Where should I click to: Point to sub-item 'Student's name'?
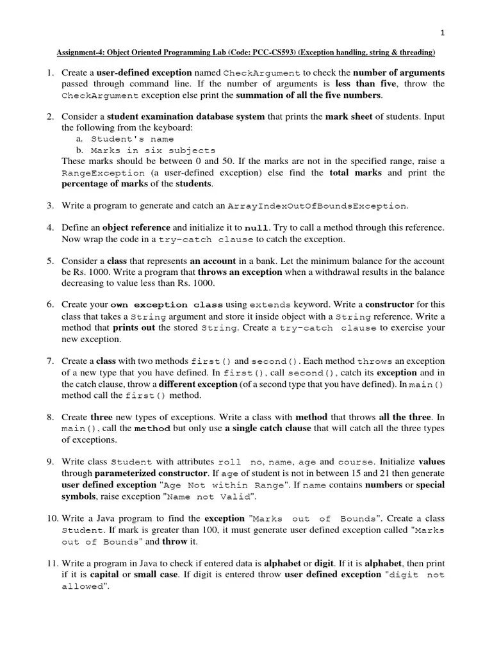tap(132, 139)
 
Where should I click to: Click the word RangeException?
tap(102, 173)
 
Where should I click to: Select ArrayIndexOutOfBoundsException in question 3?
tap(317, 206)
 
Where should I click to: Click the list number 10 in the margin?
tap(51, 518)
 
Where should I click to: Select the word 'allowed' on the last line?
tap(82, 587)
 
